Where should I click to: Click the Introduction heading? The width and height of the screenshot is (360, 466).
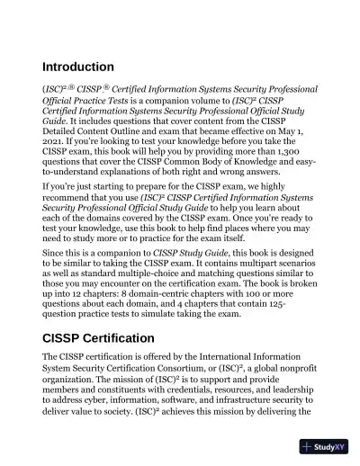(x=78, y=67)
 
